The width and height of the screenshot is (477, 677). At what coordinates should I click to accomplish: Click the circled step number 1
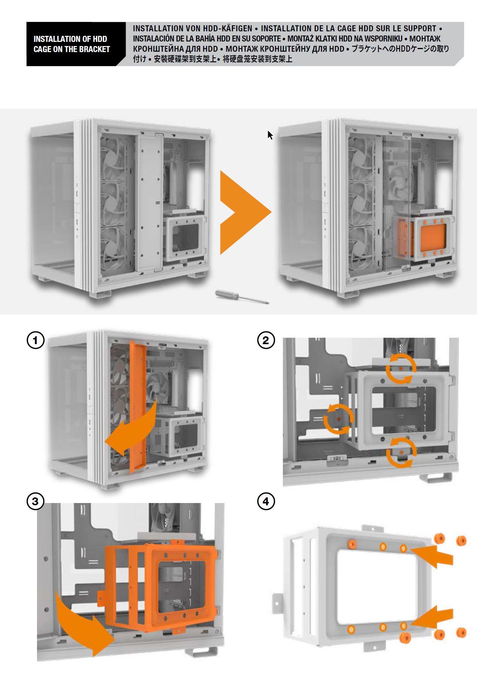36,341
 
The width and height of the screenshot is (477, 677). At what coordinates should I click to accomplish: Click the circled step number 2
266,341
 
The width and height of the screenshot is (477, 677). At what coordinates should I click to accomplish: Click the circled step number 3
36,502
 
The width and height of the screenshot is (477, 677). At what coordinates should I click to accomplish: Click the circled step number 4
266,502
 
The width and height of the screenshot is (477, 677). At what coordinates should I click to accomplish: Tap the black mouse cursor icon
270,135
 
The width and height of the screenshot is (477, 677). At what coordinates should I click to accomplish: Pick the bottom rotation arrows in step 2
401,452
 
